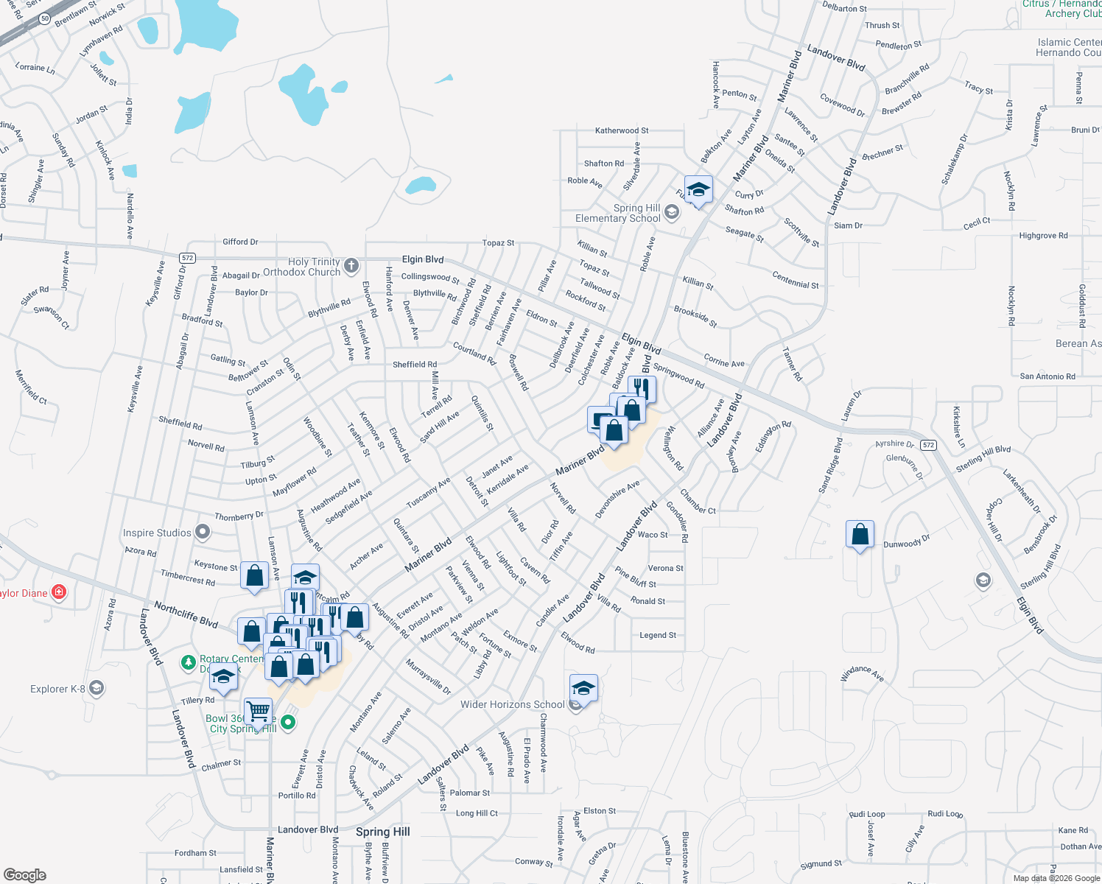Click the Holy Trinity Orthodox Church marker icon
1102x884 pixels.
point(351,265)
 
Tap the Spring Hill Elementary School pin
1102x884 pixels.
point(671,213)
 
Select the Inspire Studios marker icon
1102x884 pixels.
point(203,533)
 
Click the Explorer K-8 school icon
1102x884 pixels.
point(96,689)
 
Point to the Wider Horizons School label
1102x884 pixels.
point(512,705)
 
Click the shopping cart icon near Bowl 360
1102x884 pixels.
point(259,712)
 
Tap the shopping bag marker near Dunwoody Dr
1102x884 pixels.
point(860,534)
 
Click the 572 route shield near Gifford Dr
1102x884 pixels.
point(187,258)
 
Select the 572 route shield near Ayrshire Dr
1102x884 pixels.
point(928,445)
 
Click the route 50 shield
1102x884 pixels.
point(45,19)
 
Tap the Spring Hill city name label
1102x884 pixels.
point(382,832)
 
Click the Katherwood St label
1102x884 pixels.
point(622,130)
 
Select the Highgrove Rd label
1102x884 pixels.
point(1043,236)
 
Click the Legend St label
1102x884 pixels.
point(658,635)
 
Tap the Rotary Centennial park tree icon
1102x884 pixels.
point(189,663)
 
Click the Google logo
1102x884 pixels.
point(25,874)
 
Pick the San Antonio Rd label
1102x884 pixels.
point(1047,376)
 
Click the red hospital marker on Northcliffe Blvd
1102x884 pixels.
point(59,592)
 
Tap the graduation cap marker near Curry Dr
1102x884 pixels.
point(698,191)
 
